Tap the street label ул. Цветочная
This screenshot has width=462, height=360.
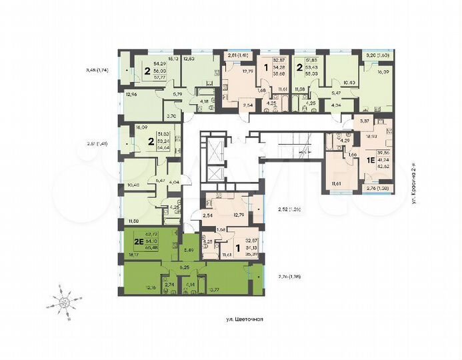245,319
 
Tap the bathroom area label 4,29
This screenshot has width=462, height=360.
345,141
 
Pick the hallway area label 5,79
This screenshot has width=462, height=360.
177,94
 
